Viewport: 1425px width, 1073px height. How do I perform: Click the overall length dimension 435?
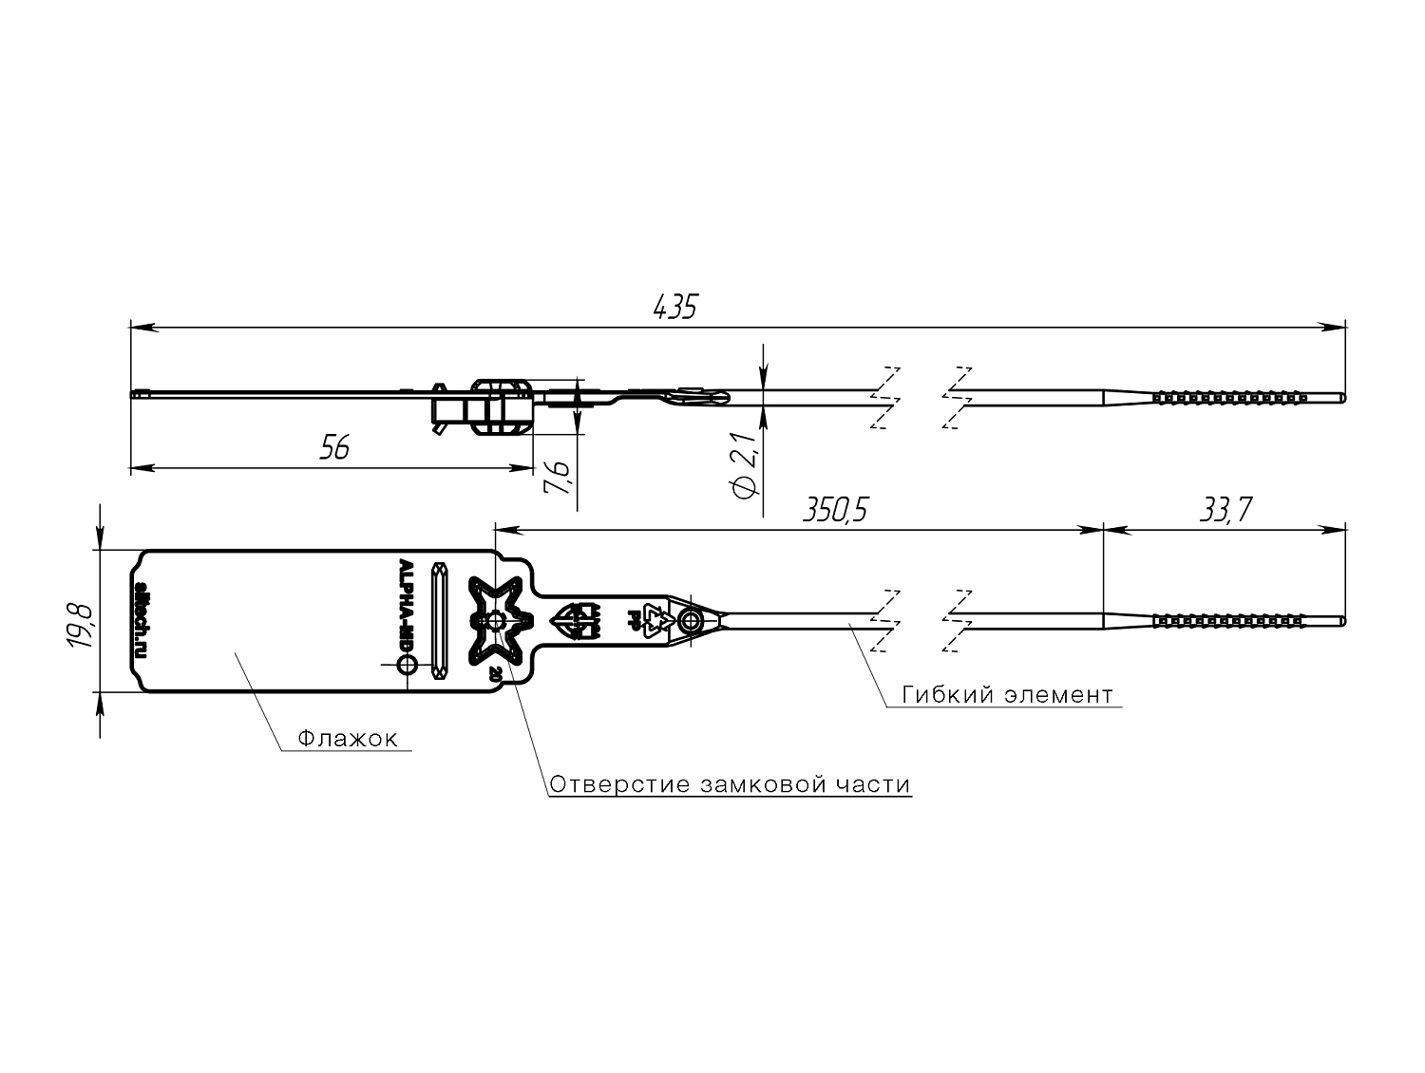coord(675,307)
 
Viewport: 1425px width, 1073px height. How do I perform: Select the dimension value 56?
coord(333,448)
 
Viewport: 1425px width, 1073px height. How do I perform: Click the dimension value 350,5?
coord(836,510)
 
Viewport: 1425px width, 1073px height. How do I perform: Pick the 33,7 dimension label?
coord(1225,510)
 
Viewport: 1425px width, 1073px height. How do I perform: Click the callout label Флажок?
coord(347,739)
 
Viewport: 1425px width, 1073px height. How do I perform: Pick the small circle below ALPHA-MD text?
coord(407,667)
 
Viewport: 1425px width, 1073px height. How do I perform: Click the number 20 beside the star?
coord(495,674)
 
